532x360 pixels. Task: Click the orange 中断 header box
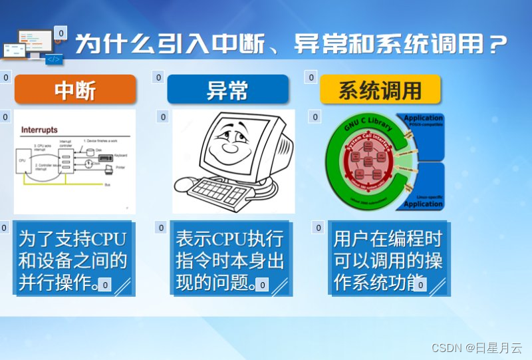click(75, 89)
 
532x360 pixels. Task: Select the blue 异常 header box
click(227, 89)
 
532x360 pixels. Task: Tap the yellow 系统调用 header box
click(380, 89)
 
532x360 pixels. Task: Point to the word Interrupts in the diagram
click(39, 129)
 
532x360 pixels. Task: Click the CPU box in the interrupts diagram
click(22, 160)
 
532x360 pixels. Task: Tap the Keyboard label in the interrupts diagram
click(120, 155)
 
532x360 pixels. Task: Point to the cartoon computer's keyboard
click(219, 193)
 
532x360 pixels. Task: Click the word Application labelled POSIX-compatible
click(423, 118)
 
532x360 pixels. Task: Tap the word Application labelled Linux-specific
click(423, 204)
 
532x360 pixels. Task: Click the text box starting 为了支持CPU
click(72, 259)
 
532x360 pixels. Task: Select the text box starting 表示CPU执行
click(229, 259)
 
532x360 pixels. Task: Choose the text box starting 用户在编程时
click(388, 259)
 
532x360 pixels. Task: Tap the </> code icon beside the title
click(54, 59)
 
